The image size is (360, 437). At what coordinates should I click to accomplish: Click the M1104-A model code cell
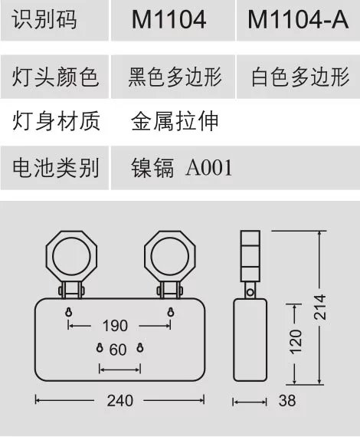(298, 19)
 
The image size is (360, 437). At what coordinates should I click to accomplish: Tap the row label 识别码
(44, 19)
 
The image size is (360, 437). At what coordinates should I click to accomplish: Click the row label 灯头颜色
(55, 77)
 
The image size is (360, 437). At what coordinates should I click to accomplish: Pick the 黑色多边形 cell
(175, 77)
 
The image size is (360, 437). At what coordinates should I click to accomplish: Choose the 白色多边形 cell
(300, 77)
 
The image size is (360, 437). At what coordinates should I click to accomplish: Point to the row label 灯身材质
(56, 121)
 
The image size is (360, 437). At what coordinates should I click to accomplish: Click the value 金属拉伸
(175, 121)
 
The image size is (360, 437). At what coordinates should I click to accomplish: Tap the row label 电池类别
(56, 168)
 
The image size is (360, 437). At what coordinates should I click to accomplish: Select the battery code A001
(209, 168)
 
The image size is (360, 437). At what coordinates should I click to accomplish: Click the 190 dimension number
(115, 326)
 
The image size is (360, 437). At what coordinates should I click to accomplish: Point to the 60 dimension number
(118, 350)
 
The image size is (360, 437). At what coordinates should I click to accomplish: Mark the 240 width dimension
(120, 401)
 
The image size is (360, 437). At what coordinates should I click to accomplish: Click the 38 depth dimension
(287, 401)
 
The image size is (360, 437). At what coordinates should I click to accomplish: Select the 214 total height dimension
(320, 307)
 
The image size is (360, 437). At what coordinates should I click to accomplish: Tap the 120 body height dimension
(296, 342)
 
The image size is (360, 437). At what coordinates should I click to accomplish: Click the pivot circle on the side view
(250, 292)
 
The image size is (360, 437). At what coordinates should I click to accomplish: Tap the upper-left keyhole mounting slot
(68, 312)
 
